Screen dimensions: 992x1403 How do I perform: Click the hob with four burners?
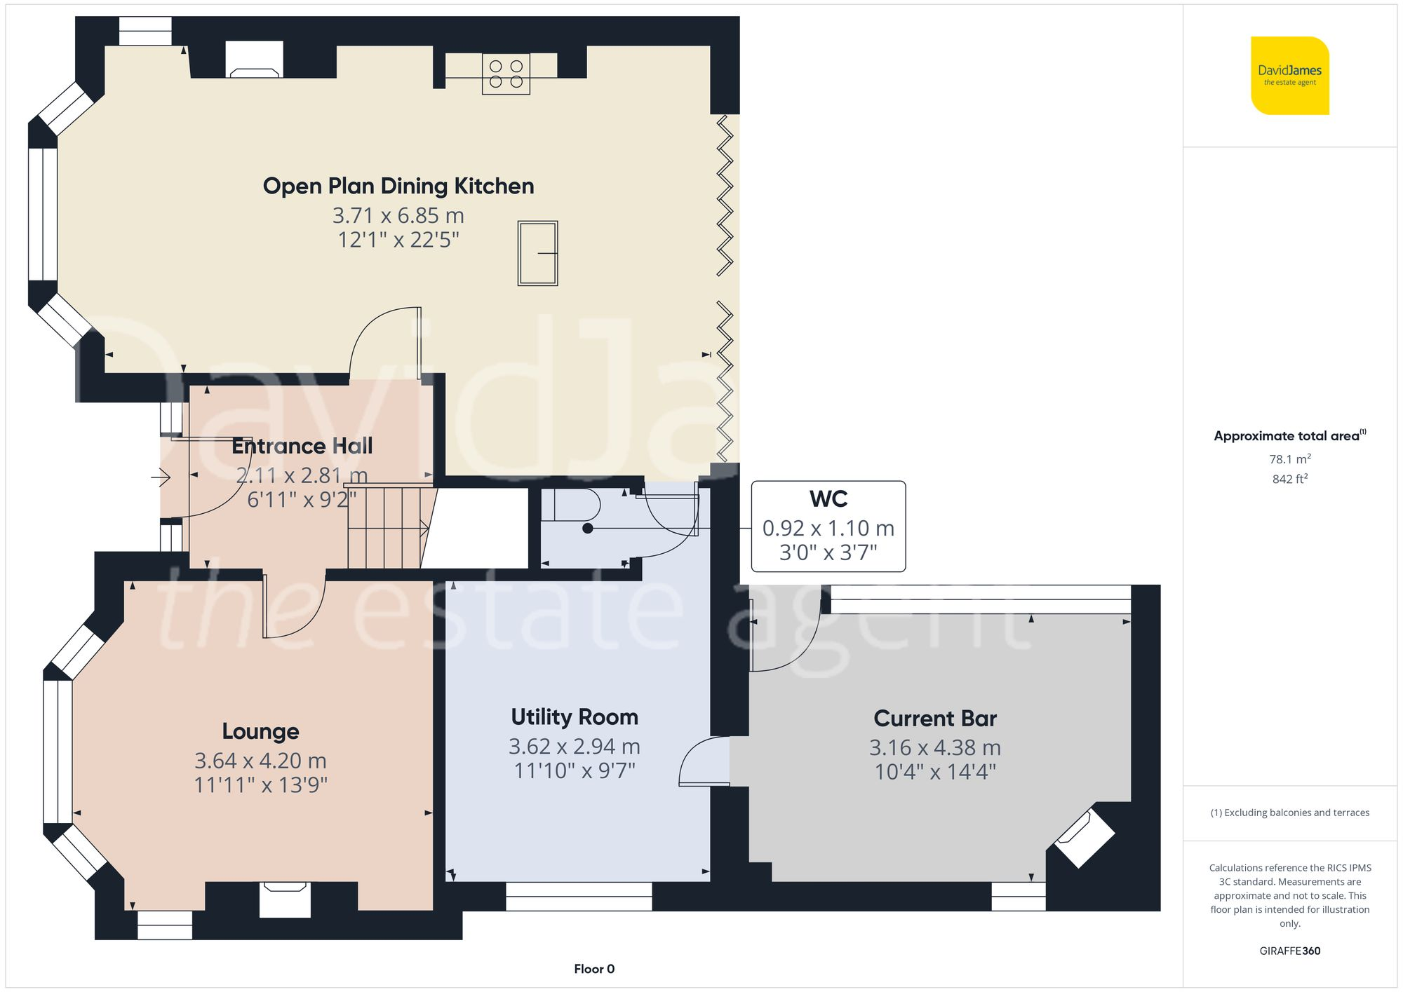(506, 74)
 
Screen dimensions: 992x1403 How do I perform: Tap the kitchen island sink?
(537, 253)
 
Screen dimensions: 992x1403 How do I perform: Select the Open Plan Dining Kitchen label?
(398, 186)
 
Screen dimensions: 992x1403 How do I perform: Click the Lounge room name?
(260, 731)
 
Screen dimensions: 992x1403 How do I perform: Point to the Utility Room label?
(574, 717)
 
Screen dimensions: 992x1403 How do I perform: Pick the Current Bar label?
(934, 719)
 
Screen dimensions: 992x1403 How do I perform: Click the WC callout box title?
(828, 499)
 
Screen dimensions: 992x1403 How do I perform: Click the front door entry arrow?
(161, 478)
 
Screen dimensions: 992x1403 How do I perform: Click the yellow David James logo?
(1289, 76)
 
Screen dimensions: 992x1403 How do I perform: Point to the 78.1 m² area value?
(1289, 459)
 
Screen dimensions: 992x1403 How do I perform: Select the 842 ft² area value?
(1289, 479)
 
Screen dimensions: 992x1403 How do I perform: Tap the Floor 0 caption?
(593, 969)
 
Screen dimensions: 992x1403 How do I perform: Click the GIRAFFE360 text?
(1289, 951)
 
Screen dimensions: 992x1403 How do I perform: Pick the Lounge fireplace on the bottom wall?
(285, 899)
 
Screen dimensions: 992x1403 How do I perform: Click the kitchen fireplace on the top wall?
(255, 61)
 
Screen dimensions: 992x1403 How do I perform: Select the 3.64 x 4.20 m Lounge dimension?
(260, 761)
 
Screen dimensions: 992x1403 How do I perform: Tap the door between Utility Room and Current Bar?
(705, 761)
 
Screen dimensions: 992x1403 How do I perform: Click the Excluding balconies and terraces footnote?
(1289, 813)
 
